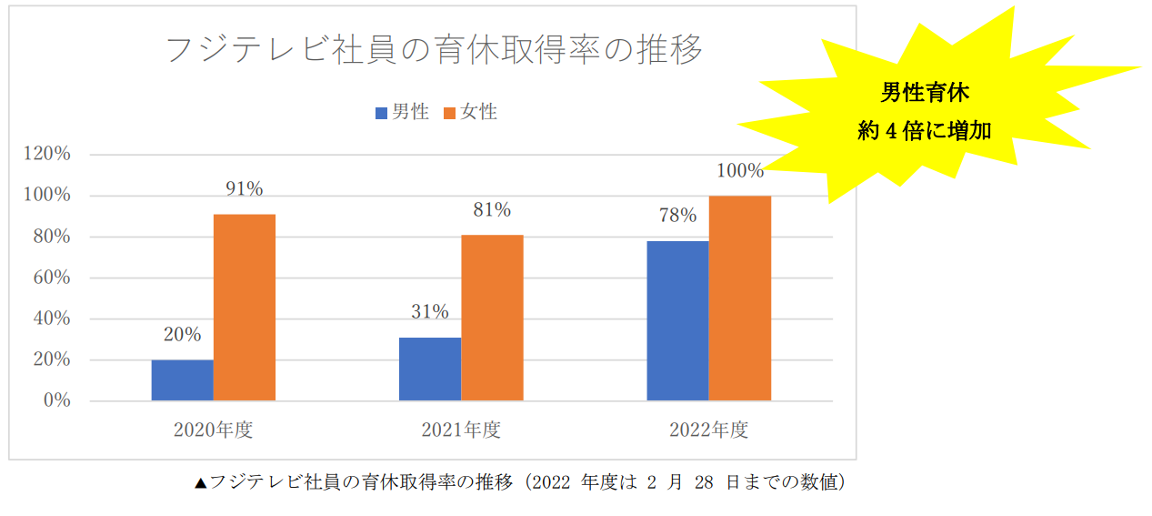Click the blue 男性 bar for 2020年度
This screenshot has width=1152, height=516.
[x=182, y=380]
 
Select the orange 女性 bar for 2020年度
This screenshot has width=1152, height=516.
[x=245, y=308]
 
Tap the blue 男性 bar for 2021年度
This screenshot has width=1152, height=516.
[x=430, y=369]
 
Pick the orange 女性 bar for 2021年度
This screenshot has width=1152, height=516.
[x=492, y=318]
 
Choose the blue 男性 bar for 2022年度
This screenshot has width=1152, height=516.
[x=677, y=320]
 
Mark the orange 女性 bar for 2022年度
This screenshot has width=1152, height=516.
[x=740, y=298]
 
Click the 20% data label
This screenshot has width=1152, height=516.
[x=183, y=335]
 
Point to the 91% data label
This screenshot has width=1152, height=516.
[x=245, y=189]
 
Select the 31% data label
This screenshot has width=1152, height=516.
[x=430, y=312]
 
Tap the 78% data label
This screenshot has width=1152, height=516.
[x=677, y=216]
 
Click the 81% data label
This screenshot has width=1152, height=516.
[x=492, y=210]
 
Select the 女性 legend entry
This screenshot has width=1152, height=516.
[x=470, y=113]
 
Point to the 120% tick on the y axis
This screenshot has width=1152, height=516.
[x=47, y=155]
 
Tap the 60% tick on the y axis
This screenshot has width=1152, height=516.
[x=51, y=278]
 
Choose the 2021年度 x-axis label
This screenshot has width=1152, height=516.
[x=461, y=430]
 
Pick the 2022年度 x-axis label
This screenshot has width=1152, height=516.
[x=709, y=430]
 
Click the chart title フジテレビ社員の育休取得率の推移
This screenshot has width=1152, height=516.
[x=434, y=50]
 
